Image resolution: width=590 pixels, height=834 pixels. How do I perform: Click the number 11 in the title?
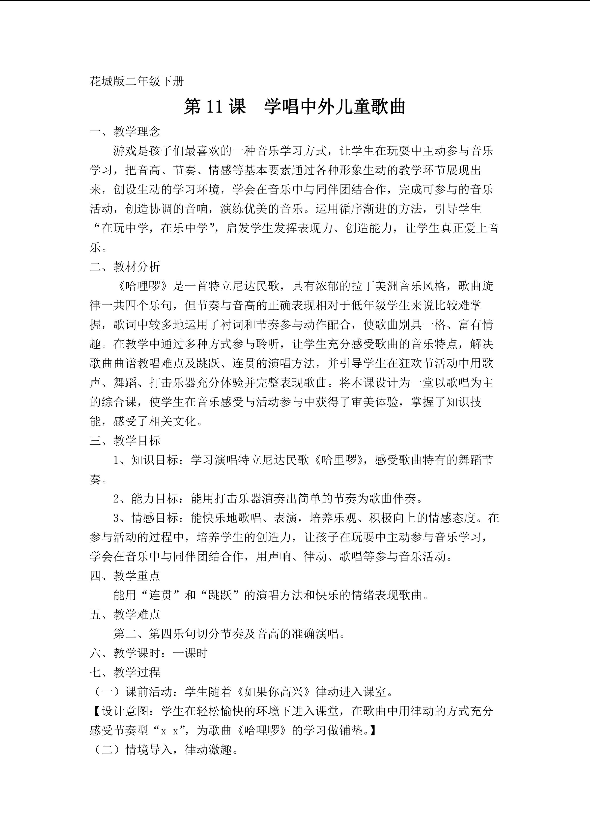pyautogui.click(x=214, y=107)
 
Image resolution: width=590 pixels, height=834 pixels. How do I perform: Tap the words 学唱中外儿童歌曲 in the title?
pyautogui.click(x=335, y=107)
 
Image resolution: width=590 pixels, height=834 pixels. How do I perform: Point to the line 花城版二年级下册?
pyautogui.click(x=137, y=81)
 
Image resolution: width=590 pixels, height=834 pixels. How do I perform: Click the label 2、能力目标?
pyautogui.click(x=149, y=498)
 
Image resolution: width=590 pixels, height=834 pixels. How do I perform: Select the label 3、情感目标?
pyautogui.click(x=149, y=518)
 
